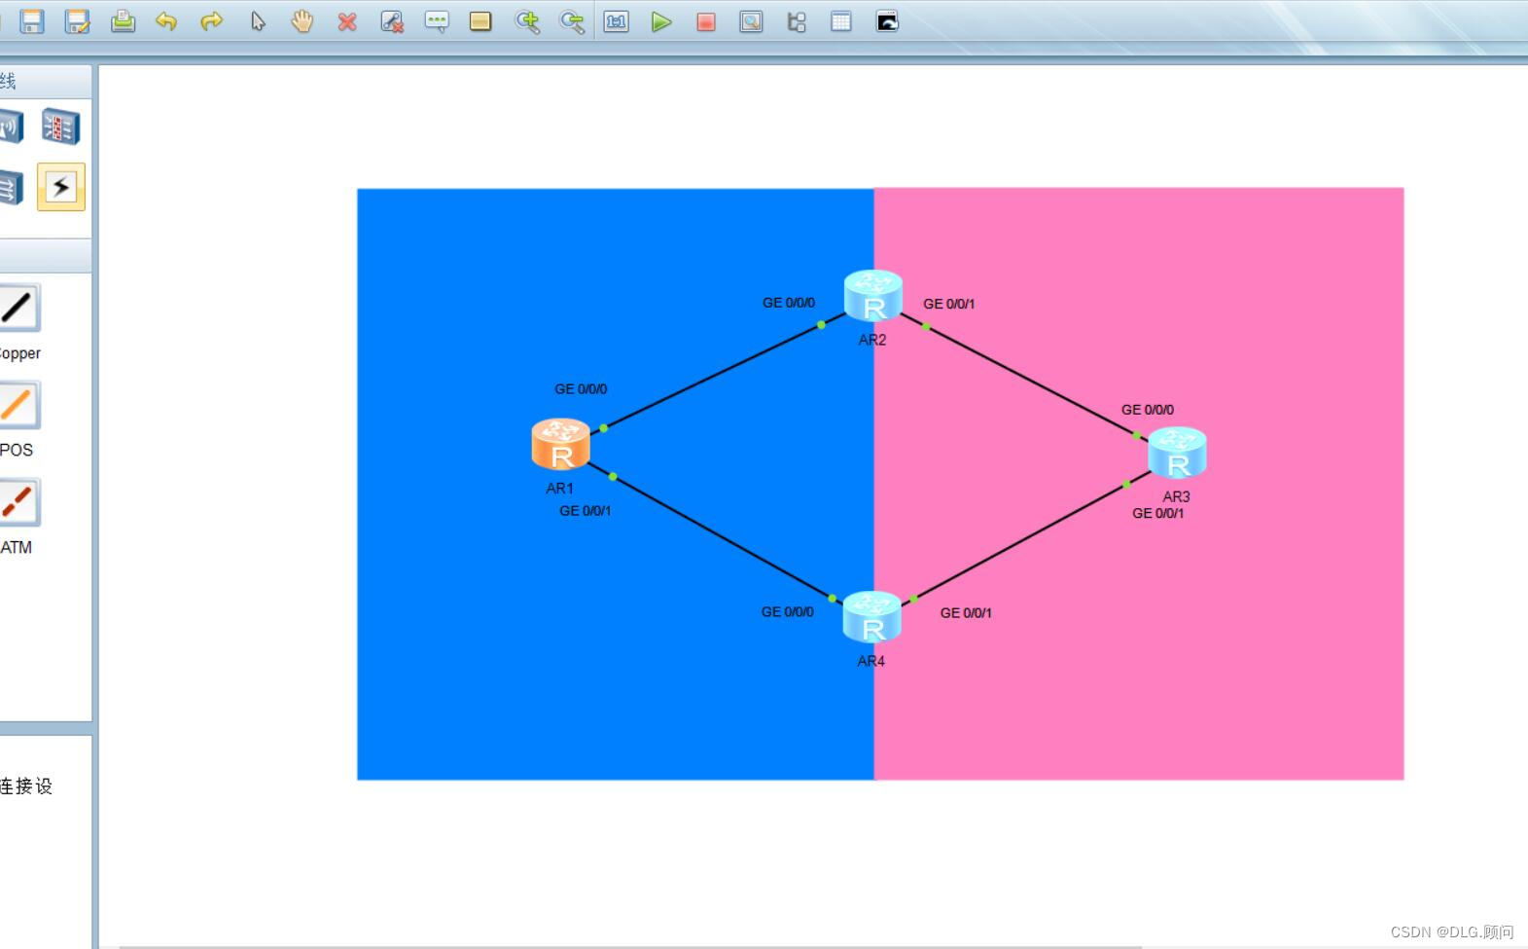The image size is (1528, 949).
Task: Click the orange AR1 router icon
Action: point(560,444)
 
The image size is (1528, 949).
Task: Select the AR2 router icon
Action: point(872,296)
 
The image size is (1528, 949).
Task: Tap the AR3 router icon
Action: point(1177,453)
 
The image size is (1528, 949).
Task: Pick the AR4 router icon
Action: point(871,617)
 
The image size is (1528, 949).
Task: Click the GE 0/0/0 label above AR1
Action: point(581,389)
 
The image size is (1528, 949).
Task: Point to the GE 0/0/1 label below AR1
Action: point(585,511)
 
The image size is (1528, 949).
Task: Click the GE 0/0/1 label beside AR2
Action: point(948,304)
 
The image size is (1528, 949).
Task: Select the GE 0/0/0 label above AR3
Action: point(1147,410)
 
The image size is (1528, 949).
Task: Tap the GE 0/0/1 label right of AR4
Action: point(966,613)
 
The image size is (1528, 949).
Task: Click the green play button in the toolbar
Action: point(661,21)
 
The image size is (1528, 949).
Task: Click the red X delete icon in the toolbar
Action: point(347,21)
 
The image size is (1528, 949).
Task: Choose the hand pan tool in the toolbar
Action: point(302,21)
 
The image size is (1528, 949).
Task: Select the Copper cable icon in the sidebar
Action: point(18,309)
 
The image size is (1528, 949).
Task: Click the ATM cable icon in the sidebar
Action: point(18,502)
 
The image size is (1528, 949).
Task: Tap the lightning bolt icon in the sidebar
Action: point(60,186)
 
